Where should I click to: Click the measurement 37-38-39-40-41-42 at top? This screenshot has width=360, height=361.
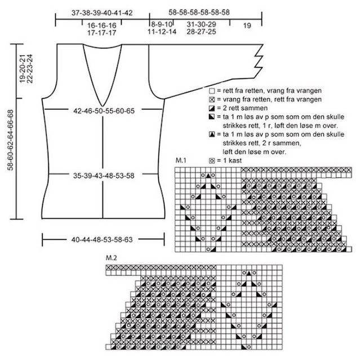[103, 12]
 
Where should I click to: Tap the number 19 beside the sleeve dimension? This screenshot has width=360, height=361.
[247, 25]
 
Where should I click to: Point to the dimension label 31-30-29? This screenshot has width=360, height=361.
[201, 24]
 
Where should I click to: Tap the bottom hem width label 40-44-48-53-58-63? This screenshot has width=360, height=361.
[102, 239]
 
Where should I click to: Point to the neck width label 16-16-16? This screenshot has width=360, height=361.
[102, 25]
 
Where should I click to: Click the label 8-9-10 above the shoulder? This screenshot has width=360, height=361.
[162, 24]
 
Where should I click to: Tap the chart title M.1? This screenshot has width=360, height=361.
[181, 162]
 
